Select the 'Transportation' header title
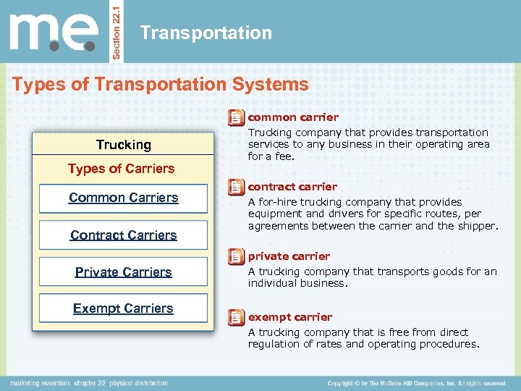tap(206, 33)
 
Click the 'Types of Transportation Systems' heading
tap(161, 84)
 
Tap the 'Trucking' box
tap(124, 145)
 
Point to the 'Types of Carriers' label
tap(122, 169)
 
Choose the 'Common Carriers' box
tap(123, 198)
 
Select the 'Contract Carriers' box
tap(123, 235)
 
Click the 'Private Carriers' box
tap(123, 272)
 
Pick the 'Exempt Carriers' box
tap(123, 308)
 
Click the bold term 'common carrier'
tap(293, 117)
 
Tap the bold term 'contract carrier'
tap(292, 187)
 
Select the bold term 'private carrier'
tap(289, 256)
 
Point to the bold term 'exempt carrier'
tap(290, 317)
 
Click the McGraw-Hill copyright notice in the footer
tap(416, 383)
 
